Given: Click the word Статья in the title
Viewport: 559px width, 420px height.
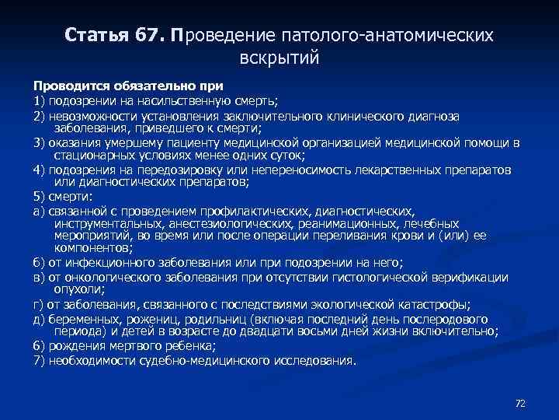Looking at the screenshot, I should pyautogui.click(x=92, y=37).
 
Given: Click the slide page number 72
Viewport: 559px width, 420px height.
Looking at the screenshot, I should pyautogui.click(x=521, y=403).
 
